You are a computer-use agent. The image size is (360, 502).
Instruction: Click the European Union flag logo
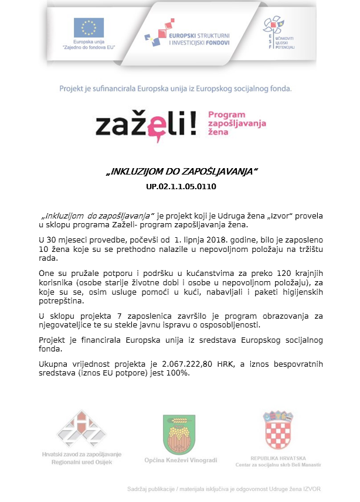[x=89, y=27]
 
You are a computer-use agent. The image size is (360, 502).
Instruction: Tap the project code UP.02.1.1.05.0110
[x=181, y=188]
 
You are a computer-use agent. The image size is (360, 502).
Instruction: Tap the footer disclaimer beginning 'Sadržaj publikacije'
[x=224, y=489]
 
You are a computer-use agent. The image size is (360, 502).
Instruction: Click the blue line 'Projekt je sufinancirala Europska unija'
[x=175, y=90]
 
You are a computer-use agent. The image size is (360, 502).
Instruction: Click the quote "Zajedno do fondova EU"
[x=89, y=46]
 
